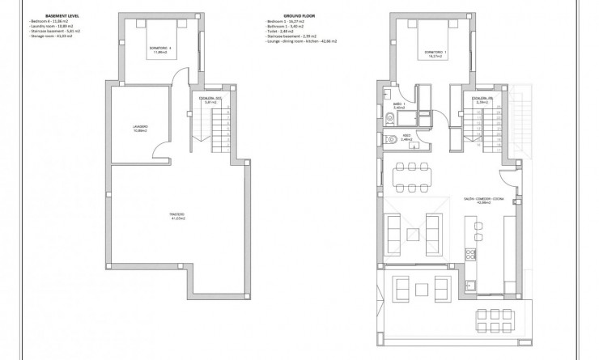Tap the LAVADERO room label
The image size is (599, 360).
[140, 127]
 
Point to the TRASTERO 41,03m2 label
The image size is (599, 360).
[176, 215]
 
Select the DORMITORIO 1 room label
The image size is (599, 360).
[435, 54]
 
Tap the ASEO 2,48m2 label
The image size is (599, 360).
[406, 137]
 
